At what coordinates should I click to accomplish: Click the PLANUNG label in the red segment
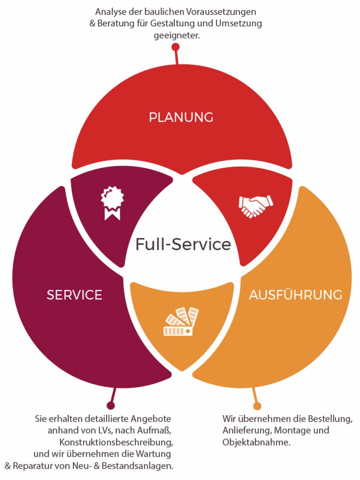[x=181, y=117]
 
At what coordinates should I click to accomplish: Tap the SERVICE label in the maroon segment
[x=74, y=295]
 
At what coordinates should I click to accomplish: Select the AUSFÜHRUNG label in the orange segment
[x=295, y=295]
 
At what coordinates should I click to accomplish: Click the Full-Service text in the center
[x=183, y=244]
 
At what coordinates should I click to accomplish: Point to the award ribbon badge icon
[x=112, y=203]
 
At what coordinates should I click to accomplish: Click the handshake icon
[x=256, y=206]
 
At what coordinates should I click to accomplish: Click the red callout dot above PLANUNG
[x=175, y=47]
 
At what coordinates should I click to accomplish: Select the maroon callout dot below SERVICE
[x=110, y=405]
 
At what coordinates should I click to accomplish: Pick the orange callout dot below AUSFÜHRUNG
[x=257, y=406]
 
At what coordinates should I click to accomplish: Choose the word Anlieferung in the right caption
[x=246, y=430]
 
